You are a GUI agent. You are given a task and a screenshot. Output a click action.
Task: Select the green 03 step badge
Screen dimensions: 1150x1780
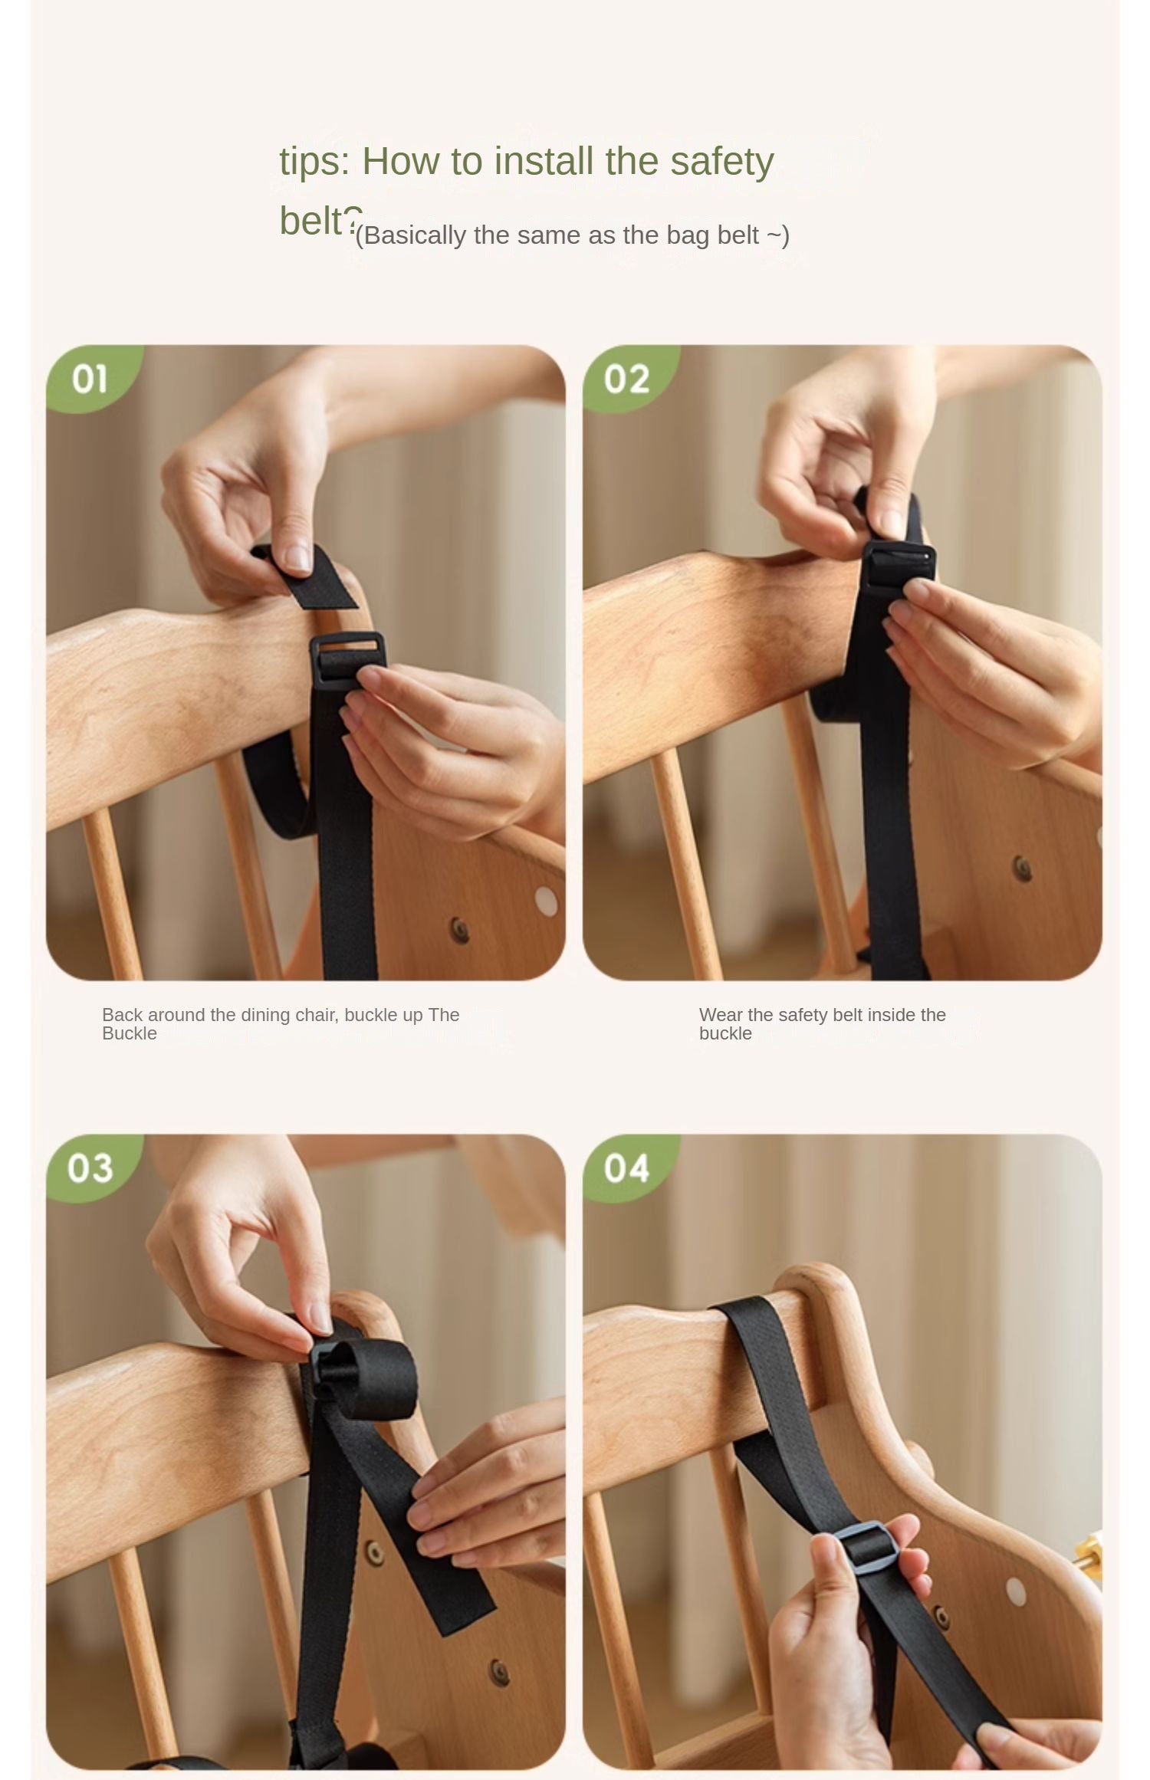click(90, 1168)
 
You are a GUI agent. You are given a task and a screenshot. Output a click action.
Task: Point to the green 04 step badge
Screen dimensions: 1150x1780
click(627, 1168)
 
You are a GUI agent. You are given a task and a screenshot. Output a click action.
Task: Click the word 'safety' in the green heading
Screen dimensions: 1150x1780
click(721, 163)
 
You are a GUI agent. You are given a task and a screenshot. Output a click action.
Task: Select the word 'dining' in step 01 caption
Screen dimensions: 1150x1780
click(265, 1015)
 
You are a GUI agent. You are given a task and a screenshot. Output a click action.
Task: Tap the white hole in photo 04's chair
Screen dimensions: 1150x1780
click(1015, 1592)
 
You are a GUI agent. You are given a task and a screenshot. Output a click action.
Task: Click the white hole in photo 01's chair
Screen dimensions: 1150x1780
click(546, 902)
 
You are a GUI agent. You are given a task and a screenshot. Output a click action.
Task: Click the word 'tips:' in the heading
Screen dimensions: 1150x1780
click(314, 163)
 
